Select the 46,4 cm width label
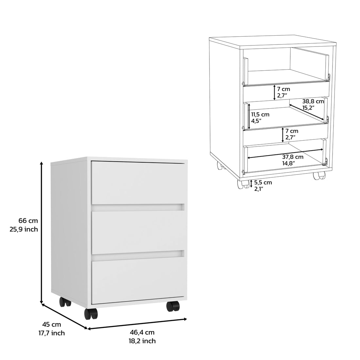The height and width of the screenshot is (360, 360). click(142, 332)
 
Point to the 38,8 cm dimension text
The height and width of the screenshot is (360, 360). click(313, 101)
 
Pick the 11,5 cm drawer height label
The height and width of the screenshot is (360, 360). click(260, 115)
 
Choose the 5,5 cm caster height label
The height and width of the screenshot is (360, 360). click(263, 183)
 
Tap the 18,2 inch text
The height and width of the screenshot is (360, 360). click(142, 341)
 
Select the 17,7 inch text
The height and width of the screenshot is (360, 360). click(52, 333)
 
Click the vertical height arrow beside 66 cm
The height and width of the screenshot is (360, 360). click(42, 233)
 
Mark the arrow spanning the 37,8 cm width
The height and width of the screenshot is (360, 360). click(285, 154)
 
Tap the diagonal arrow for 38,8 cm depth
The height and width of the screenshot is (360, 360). click(308, 113)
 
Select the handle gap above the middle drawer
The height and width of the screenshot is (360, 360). click(137, 207)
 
